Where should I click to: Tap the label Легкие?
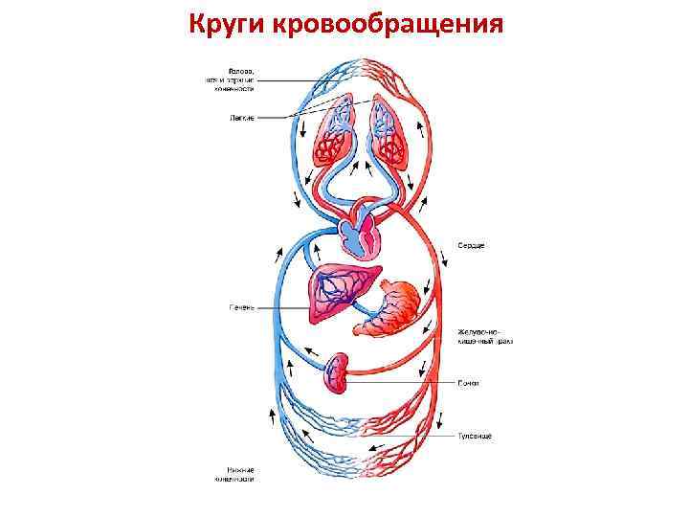pos(241,118)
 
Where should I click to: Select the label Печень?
pos(240,307)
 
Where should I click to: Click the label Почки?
pos(468,383)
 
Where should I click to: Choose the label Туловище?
pos(474,437)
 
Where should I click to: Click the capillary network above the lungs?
pos(361,73)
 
